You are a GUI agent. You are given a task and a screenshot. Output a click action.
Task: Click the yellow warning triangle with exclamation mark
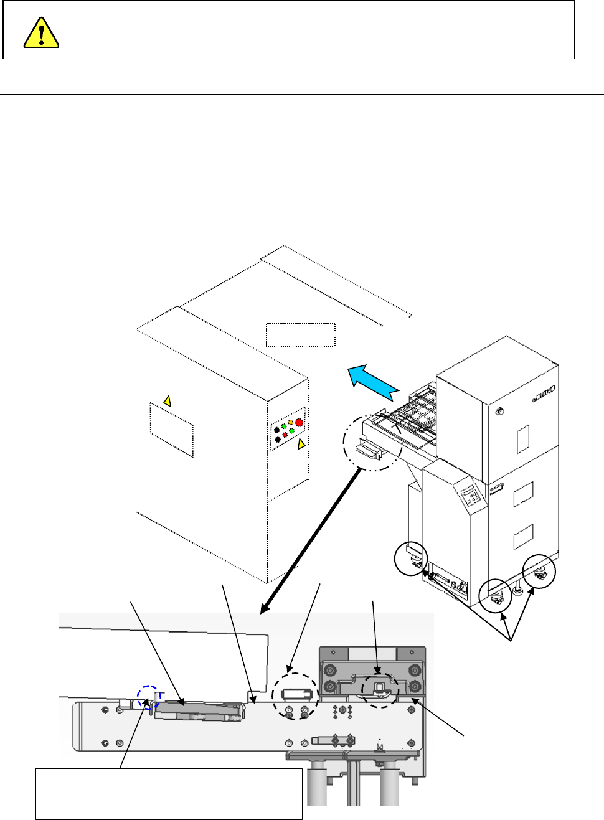point(41,32)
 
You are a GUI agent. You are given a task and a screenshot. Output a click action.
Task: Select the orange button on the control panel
point(290,423)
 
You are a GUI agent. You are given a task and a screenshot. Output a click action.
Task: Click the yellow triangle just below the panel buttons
point(301,444)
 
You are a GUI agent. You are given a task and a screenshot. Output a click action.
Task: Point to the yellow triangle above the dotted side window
point(167,401)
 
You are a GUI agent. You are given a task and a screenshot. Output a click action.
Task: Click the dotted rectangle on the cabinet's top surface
point(301,334)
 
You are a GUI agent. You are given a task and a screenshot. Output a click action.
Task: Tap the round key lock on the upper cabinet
point(499,412)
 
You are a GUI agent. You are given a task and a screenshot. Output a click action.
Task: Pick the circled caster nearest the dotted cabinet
point(412,559)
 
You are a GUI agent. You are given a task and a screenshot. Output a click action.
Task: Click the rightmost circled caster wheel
point(539,572)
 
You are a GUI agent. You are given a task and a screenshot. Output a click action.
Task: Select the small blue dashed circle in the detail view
point(148,697)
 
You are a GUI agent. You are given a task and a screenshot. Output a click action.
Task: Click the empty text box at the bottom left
point(169,794)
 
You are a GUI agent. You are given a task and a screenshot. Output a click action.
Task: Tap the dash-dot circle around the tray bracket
point(372,442)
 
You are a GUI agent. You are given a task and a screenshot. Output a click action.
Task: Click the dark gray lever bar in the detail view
point(197,710)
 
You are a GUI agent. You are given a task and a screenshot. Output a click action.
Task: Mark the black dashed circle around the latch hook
point(380,690)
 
